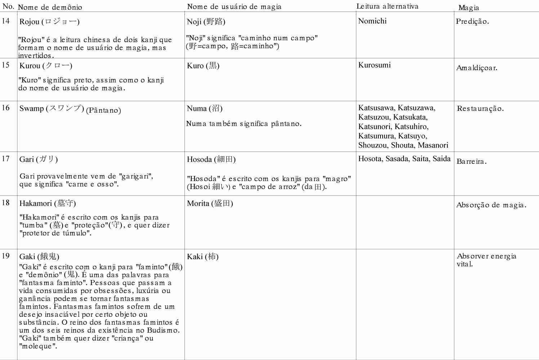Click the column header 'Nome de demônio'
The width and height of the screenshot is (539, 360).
coord(50,7)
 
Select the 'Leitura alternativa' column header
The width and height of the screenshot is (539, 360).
coord(387,6)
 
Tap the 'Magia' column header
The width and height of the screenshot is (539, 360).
coord(468,8)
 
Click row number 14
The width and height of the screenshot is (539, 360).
coord(6,21)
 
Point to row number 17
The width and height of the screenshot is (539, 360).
coord(6,158)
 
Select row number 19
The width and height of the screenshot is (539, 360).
coord(6,256)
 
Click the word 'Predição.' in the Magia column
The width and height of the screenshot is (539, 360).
coord(472,21)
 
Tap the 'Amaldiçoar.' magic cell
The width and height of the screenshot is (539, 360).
coord(477,68)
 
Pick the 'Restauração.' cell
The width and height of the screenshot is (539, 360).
coord(480,108)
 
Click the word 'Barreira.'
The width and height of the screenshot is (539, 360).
coord(472,161)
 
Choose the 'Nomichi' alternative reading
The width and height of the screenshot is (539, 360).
coord(372,21)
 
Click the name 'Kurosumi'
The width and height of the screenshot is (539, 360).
coord(374,65)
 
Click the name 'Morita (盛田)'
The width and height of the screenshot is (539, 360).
coord(210,203)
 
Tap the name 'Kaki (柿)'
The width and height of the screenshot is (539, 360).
coord(202,257)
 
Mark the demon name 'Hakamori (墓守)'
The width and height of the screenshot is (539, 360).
coord(48,203)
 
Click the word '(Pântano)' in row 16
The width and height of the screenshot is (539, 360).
coord(103,110)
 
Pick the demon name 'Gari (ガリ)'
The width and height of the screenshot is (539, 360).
coord(39,159)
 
